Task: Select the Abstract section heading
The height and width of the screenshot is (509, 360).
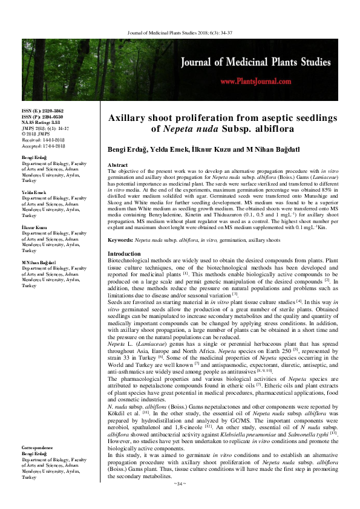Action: point(117,165)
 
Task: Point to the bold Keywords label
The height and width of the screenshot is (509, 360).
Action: point(120,240)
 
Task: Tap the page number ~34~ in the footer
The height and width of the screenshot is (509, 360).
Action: point(180,501)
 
